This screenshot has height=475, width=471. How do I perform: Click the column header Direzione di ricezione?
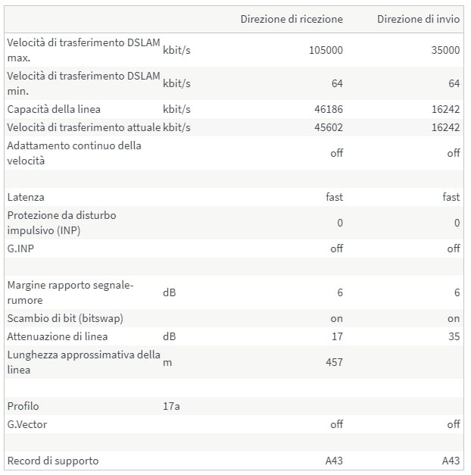point(292,19)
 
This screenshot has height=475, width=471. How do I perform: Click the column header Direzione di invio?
point(418,19)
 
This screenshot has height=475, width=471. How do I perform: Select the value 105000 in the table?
point(326,51)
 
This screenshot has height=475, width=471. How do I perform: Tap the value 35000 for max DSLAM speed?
point(444,51)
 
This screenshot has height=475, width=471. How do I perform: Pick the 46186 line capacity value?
point(328,109)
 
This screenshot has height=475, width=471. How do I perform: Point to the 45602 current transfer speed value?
point(328,127)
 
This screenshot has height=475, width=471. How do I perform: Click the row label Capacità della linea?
point(54,109)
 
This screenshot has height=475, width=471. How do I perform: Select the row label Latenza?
point(26,197)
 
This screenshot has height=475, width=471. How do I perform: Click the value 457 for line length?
point(333,362)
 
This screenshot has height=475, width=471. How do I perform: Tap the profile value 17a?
point(171,406)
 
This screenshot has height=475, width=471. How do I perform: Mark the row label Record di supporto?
point(53,461)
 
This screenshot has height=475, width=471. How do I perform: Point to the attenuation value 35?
point(454,336)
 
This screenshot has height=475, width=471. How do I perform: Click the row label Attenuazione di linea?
point(58,336)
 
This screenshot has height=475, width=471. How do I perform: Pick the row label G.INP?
point(22,248)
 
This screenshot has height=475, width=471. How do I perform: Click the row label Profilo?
point(23,406)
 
